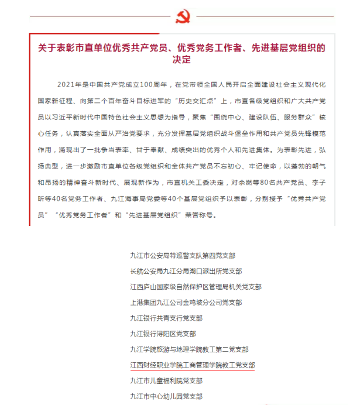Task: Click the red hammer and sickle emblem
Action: [183, 16]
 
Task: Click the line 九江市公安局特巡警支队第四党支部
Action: [183, 255]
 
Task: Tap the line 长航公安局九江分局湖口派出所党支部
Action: [186, 271]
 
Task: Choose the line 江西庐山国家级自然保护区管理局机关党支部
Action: [196, 287]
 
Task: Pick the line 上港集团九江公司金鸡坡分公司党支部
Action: [186, 303]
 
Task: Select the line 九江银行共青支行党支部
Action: [166, 318]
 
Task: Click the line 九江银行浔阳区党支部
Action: [163, 334]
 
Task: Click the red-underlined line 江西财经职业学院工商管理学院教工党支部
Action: [192, 365]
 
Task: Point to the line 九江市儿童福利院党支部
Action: [166, 380]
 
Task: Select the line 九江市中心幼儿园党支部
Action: [166, 396]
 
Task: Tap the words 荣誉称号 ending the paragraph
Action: [201, 215]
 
